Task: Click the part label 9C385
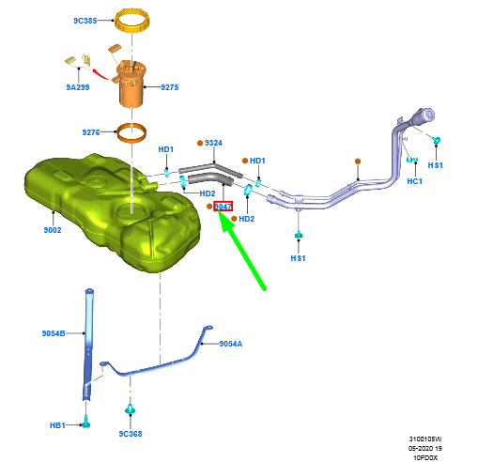85,21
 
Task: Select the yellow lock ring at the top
132,28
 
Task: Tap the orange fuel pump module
131,83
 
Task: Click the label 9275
170,87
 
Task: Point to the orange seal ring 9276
131,140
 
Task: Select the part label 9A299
78,87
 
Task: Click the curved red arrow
100,74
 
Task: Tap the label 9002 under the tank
53,230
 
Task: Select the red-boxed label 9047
223,207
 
